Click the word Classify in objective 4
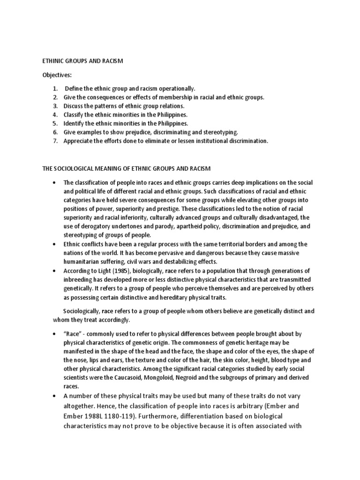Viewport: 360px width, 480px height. pyautogui.click(x=75, y=114)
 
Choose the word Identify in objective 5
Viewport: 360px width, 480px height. pyautogui.click(x=75, y=123)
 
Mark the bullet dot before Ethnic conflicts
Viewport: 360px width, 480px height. pyautogui.click(x=55, y=244)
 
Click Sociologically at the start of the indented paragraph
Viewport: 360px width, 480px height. pyautogui.click(x=81, y=311)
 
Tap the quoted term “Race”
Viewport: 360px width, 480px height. pyautogui.click(x=73, y=334)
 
